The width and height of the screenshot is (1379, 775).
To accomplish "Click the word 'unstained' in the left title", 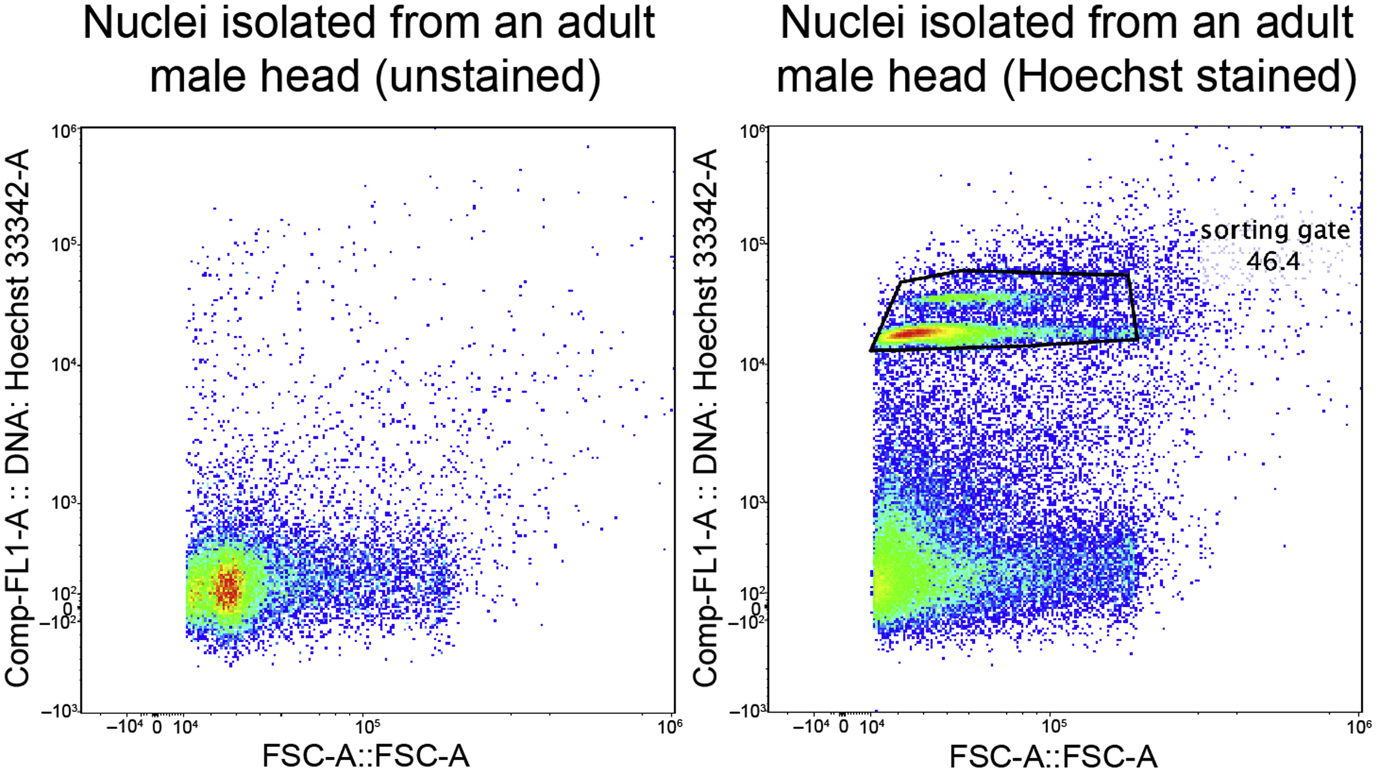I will [487, 76].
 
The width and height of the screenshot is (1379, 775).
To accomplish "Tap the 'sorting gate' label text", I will [1275, 231].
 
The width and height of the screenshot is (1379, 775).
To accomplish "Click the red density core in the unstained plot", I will [228, 588].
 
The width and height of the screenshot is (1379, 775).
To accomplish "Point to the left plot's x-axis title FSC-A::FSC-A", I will [365, 756].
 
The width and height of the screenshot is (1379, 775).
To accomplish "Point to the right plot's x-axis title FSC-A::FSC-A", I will [1053, 756].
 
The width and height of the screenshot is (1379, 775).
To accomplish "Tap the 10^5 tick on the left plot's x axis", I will [367, 727].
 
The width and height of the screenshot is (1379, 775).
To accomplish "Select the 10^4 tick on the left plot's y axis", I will [64, 363].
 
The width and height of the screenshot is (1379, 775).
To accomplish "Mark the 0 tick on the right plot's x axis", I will [843, 727].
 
